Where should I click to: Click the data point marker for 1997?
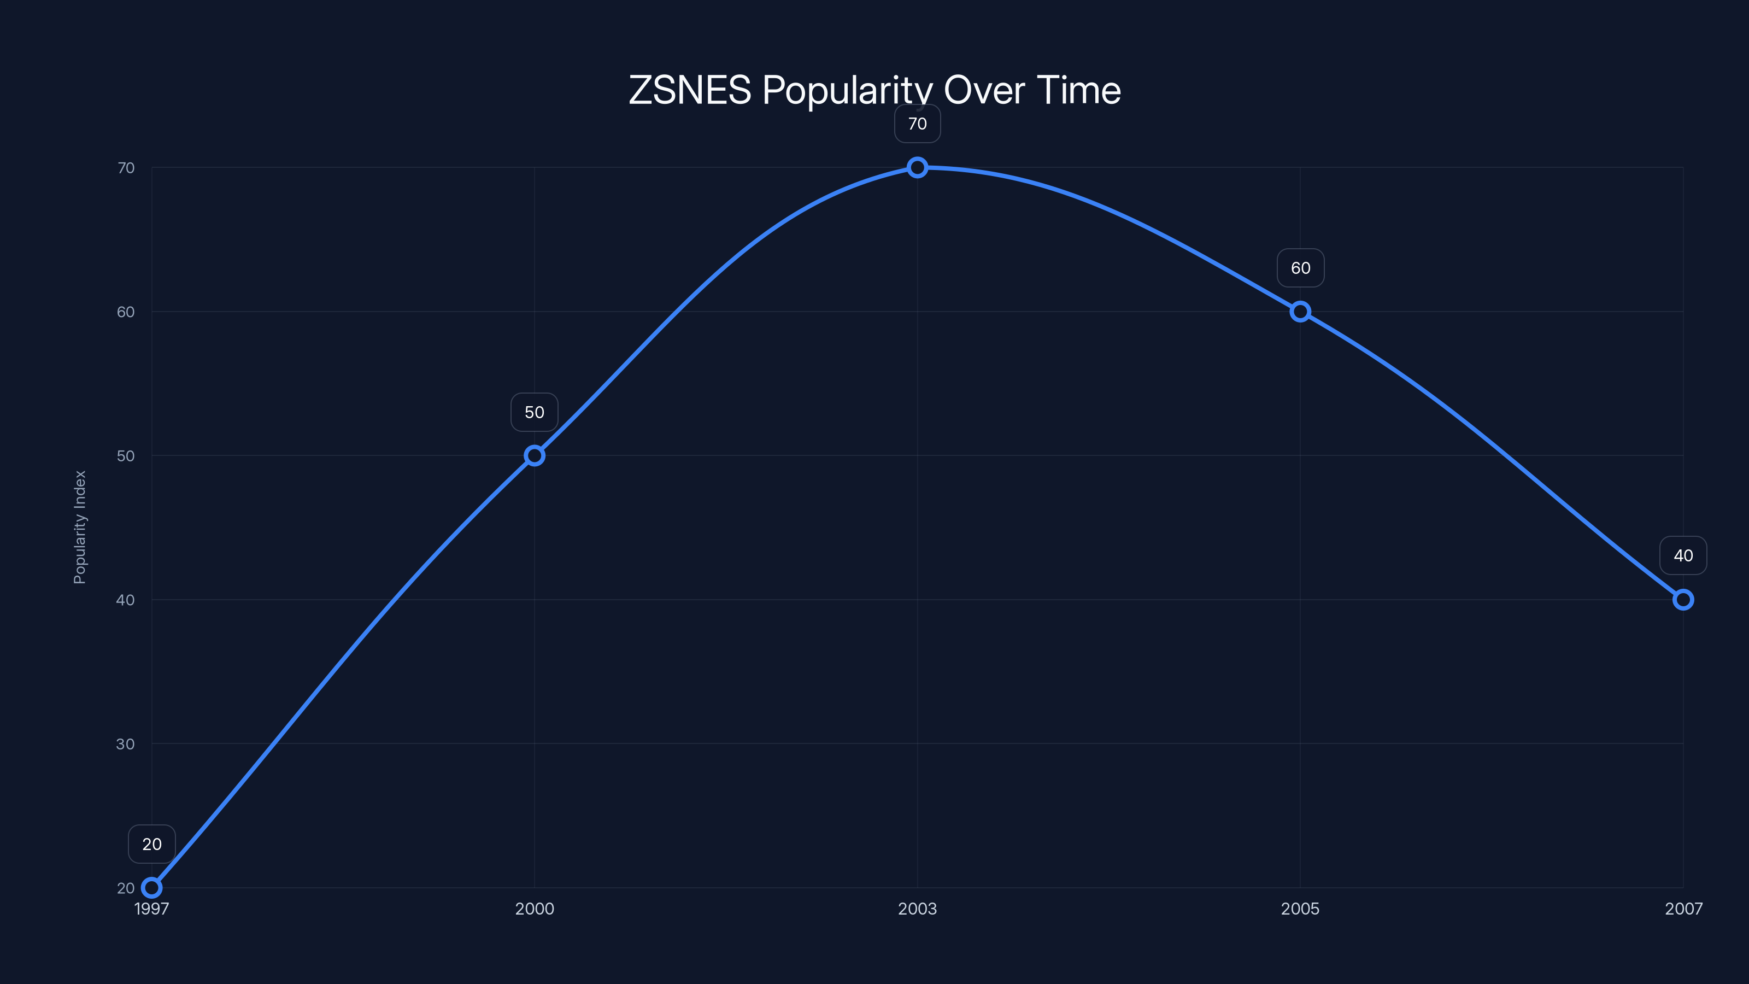click(151, 888)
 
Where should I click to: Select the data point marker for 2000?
click(535, 456)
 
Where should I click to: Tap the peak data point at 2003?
click(917, 168)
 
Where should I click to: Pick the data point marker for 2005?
click(1300, 312)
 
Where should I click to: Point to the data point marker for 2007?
click(1683, 600)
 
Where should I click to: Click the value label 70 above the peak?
click(917, 124)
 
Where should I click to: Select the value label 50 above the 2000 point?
click(535, 412)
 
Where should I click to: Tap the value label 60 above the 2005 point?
click(1300, 268)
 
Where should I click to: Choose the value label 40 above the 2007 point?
click(1683, 555)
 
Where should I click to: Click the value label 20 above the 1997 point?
click(151, 844)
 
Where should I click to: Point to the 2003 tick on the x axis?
click(917, 909)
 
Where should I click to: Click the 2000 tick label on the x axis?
click(535, 909)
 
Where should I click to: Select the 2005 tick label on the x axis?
click(1300, 909)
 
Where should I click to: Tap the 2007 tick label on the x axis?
click(1683, 909)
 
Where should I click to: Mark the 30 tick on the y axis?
click(126, 743)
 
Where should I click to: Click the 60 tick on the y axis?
click(126, 312)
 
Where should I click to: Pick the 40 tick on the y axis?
click(126, 600)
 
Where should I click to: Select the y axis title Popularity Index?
click(80, 527)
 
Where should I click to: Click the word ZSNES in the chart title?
click(690, 90)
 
